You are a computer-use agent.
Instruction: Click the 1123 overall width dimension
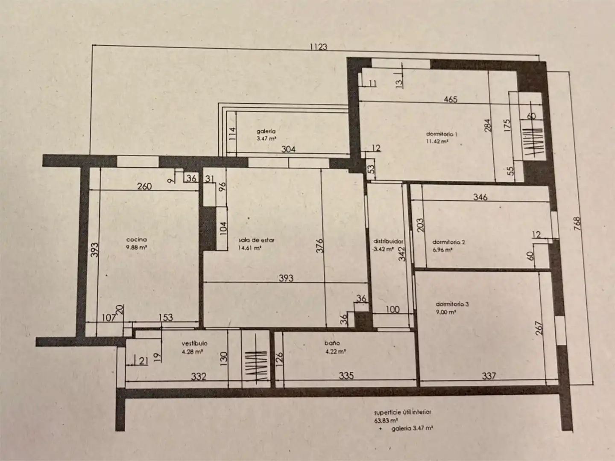(319, 47)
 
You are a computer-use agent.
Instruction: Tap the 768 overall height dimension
(577, 223)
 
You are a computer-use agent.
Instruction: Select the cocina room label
(136, 239)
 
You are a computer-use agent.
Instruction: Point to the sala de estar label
(257, 240)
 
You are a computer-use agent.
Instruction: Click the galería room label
(266, 131)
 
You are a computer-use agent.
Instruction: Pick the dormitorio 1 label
(442, 134)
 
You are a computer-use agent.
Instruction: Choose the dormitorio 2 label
(448, 242)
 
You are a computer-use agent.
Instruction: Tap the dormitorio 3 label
(452, 304)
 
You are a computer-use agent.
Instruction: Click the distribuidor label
(388, 241)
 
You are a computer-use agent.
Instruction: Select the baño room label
(332, 343)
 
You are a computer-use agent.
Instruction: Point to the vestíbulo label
(194, 343)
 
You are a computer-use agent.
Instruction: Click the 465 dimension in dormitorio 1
(451, 99)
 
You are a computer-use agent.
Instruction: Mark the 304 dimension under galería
(288, 149)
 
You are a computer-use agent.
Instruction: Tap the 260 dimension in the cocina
(144, 186)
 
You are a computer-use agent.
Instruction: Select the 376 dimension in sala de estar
(320, 245)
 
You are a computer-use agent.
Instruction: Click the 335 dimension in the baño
(346, 375)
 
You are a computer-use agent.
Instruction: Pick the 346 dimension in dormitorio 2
(480, 197)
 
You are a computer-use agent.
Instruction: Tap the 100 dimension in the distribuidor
(393, 309)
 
